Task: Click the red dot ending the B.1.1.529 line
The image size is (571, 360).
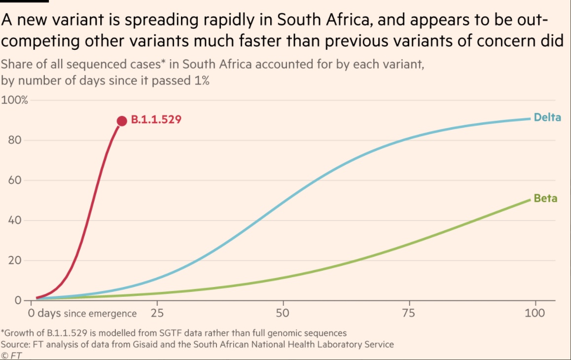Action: coord(122,121)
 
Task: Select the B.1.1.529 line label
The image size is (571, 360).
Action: coord(156,120)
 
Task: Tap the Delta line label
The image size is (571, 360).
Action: coord(547,118)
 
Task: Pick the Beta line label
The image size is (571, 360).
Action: coord(545,199)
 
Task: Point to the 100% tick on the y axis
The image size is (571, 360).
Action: coord(15,100)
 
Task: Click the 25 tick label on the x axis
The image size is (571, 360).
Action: coord(157,313)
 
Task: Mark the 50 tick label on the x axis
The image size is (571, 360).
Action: coord(283,313)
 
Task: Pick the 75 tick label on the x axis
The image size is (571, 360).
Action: coord(409,313)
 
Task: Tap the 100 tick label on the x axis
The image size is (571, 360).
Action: coord(535,313)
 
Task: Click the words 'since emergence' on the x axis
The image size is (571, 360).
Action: coord(107,314)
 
